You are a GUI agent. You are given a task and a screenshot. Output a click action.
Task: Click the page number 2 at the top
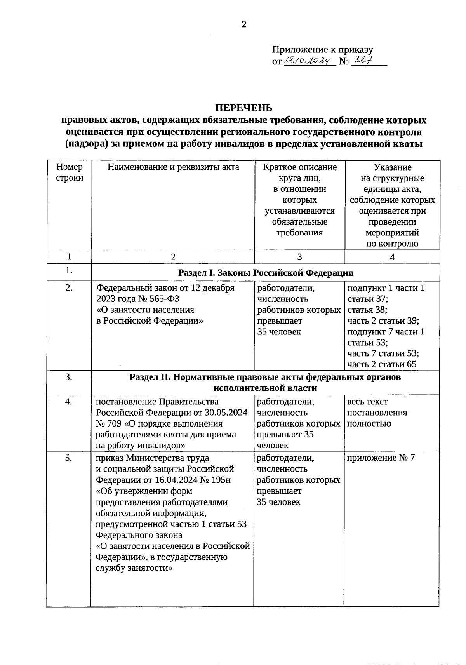click(244, 24)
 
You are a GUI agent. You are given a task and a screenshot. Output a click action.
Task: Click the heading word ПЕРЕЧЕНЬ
click(244, 108)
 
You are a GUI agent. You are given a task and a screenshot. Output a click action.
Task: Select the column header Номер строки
click(70, 172)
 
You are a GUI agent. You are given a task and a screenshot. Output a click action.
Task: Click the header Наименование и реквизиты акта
click(173, 167)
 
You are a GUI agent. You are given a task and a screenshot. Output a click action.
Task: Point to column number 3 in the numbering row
click(299, 257)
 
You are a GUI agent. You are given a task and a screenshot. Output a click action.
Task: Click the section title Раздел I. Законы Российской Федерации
click(266, 273)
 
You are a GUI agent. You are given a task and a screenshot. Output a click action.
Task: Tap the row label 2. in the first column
click(69, 288)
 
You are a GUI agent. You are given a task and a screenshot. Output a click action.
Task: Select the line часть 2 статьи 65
click(382, 364)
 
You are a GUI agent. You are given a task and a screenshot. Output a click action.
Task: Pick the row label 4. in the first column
click(69, 402)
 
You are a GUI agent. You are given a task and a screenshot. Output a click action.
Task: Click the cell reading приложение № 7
click(381, 458)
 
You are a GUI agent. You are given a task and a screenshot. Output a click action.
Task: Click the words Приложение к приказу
click(322, 50)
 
